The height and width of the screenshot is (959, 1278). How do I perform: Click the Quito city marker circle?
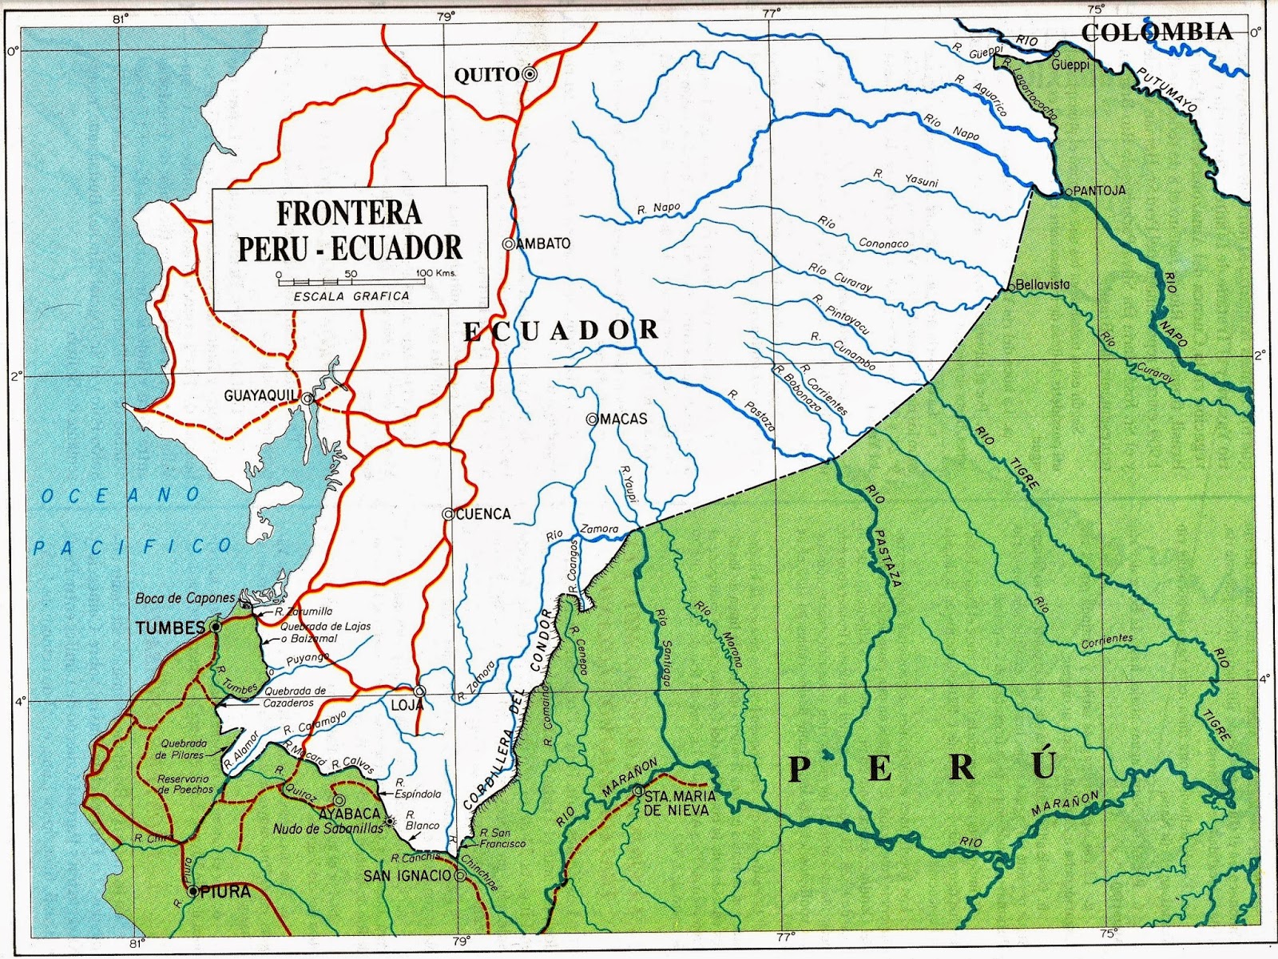[529, 74]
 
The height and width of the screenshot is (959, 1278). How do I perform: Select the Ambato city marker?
[508, 244]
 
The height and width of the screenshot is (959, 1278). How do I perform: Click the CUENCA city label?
[482, 514]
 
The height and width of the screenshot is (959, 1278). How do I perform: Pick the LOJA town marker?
[420, 692]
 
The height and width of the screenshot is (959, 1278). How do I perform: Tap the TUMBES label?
[171, 628]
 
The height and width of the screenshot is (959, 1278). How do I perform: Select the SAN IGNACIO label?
[407, 876]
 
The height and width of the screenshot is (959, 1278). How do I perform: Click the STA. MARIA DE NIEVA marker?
[637, 791]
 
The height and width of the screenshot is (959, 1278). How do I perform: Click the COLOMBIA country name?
[1157, 32]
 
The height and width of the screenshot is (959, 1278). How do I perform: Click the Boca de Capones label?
[185, 598]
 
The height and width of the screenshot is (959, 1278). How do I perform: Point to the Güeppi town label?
[1070, 65]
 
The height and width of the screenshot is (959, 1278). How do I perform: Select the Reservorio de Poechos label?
[183, 783]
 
